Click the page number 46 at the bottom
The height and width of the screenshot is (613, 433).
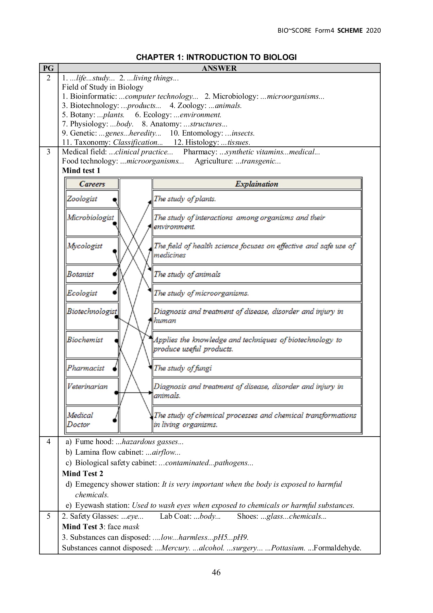pos(216,572)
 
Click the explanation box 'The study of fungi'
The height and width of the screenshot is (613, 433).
pos(257,368)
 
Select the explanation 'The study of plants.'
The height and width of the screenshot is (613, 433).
pos(257,199)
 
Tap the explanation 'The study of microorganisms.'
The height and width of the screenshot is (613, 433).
pos(257,293)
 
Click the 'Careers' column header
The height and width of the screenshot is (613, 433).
pos(92,184)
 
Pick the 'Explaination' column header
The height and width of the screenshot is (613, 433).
pos(257,184)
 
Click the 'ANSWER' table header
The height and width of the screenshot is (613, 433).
pos(219,68)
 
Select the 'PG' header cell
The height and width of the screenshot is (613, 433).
pos(49,68)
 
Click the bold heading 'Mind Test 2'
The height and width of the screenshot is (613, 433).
pos(83,473)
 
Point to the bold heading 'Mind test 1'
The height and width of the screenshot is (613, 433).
pos(81,171)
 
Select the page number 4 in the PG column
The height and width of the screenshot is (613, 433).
pos(49,442)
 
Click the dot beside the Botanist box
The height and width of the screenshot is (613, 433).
pos(115,274)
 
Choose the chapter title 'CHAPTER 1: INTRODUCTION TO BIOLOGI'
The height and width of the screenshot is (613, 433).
pos(216,57)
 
